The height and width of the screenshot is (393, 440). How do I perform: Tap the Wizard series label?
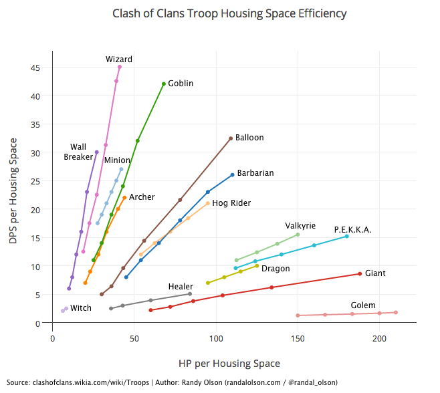119,59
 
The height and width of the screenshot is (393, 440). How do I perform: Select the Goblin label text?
181,84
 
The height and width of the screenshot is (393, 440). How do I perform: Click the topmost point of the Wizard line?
120,67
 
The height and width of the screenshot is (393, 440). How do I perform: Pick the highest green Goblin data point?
164,84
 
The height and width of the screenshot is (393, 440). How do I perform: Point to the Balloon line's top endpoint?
231,138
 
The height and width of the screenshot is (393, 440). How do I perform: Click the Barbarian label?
255,173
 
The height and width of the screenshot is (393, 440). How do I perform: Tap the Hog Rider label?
231,203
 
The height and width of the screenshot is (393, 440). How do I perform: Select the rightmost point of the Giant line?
360,273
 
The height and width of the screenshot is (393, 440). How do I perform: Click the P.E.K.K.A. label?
352,230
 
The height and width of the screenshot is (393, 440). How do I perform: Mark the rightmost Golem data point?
396,312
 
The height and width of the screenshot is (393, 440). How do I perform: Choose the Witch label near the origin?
81,308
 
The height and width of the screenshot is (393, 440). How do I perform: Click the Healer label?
181,287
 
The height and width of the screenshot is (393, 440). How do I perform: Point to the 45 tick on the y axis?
41,68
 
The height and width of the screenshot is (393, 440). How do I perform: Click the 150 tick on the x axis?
298,339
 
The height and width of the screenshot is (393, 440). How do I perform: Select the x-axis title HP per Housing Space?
229,364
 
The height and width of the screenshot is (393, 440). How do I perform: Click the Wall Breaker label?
78,152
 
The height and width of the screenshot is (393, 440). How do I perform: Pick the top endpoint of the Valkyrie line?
298,235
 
